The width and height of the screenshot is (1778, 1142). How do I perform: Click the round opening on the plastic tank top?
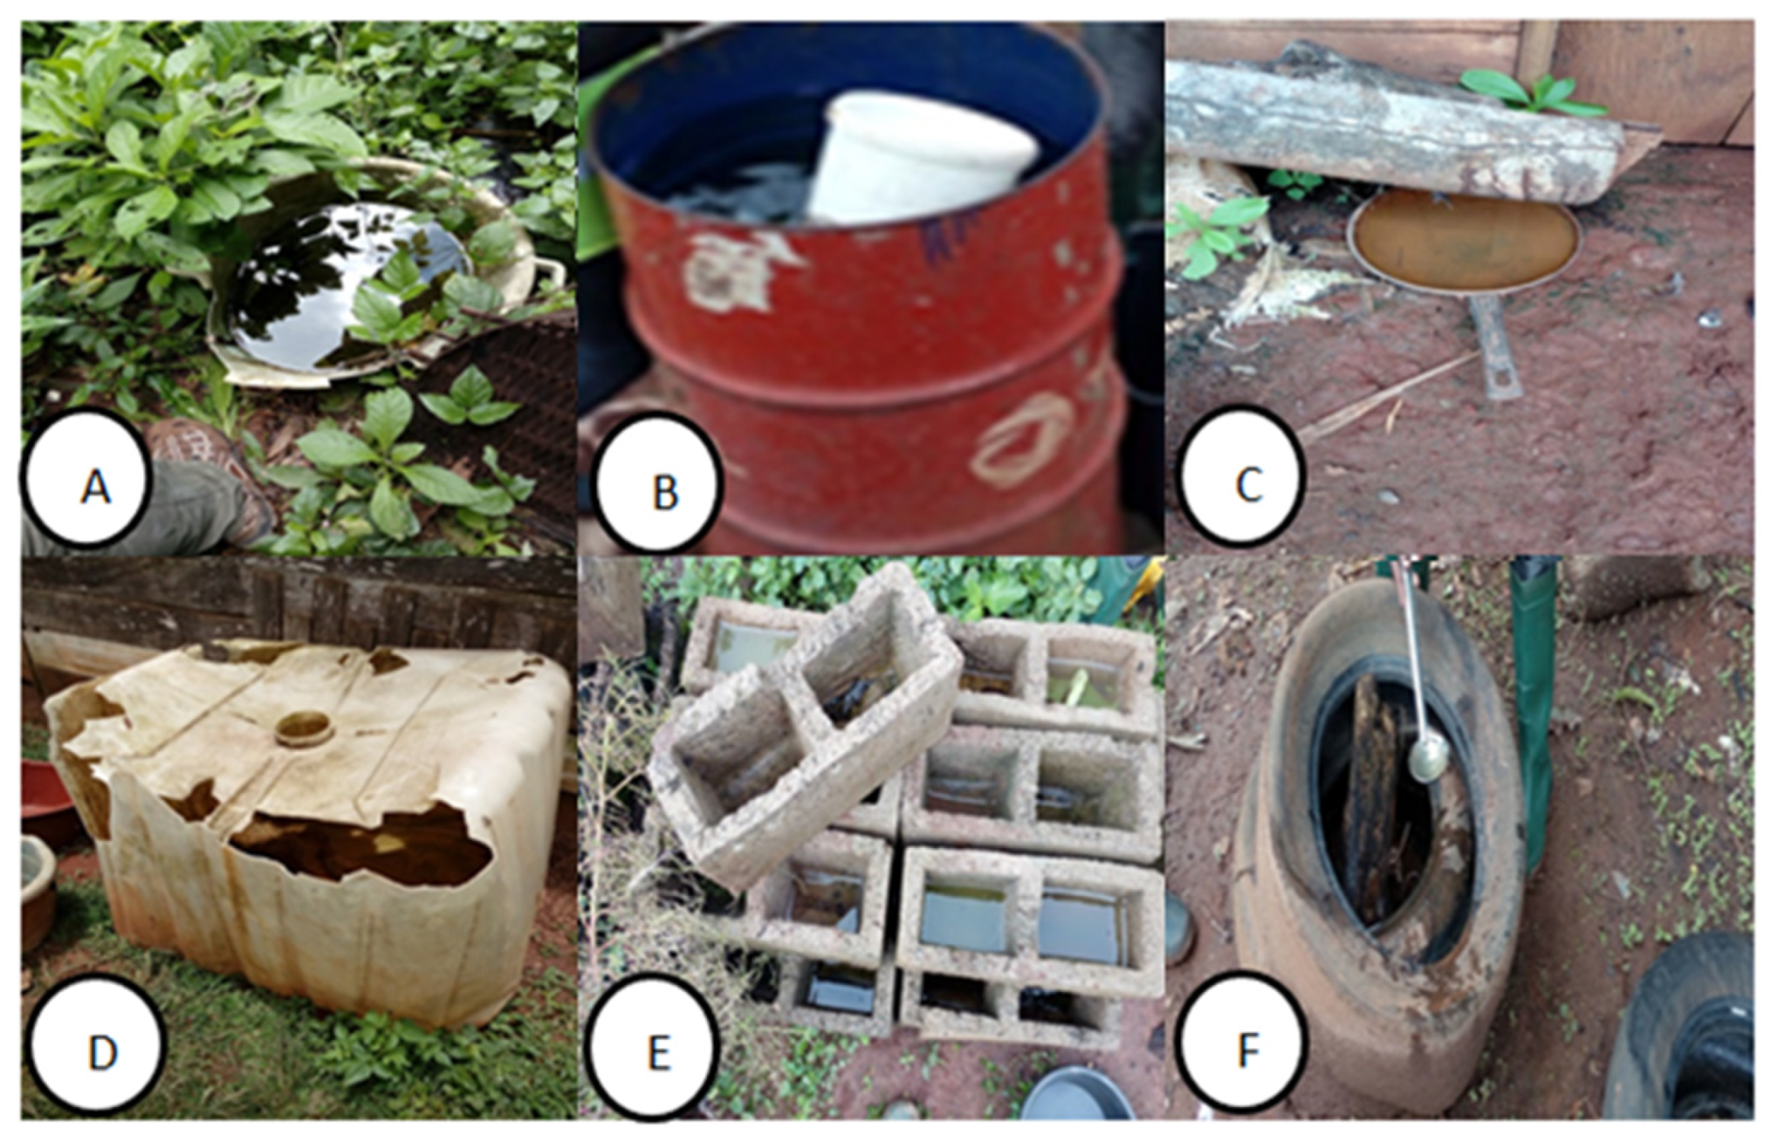point(305,728)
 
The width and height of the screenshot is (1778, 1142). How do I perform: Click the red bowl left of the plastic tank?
point(46,800)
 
